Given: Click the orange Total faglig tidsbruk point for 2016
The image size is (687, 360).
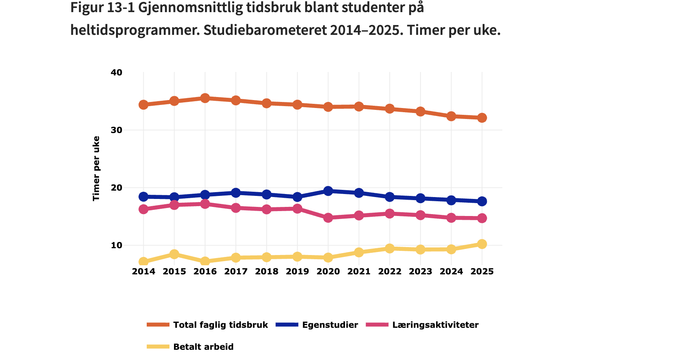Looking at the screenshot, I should click(205, 98).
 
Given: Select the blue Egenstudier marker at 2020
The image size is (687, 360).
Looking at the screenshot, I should click(328, 191).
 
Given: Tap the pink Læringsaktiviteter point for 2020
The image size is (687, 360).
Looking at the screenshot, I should click(328, 218).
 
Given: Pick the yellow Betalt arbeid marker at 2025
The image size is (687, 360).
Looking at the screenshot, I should click(482, 244).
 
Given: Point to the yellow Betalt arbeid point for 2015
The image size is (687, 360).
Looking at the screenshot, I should click(174, 254).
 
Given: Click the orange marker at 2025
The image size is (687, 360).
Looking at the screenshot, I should click(482, 118).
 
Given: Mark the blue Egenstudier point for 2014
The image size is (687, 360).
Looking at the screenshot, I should click(143, 196).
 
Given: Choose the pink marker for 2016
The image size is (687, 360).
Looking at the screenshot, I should click(205, 204).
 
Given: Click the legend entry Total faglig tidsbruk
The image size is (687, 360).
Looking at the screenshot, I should click(220, 325).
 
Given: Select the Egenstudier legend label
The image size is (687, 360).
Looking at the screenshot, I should click(330, 325).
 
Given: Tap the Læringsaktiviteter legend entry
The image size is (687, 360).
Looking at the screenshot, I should click(435, 325).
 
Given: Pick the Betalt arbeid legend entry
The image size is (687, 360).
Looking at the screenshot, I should click(203, 347).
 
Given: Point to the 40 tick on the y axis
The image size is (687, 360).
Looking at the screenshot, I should click(117, 72).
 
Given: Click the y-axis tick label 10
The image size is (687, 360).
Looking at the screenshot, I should click(117, 245).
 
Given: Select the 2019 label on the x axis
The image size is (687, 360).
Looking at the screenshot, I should click(298, 271).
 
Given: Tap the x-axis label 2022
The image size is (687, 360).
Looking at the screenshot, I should click(390, 271).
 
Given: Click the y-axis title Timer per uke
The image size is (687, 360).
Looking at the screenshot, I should click(96, 168).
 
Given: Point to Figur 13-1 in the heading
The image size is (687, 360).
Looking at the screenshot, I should click(102, 8).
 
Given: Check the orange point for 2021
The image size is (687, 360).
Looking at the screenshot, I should click(359, 106).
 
